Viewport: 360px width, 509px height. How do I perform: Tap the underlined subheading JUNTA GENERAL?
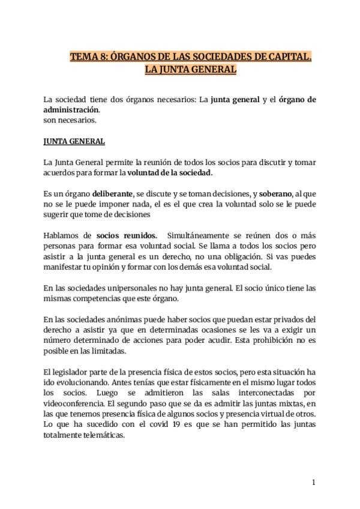[x=74, y=142]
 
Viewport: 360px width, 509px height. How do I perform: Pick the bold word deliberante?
[x=112, y=194]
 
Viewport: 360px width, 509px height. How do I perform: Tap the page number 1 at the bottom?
[x=313, y=482]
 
